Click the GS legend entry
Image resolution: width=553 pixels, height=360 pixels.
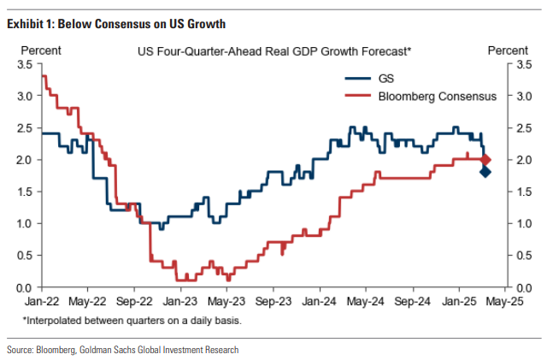pos(386,79)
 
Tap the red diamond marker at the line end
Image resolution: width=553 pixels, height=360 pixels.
pos(485,160)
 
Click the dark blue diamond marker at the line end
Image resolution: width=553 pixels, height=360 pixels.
pos(485,172)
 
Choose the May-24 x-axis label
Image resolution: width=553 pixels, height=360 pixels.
pos(366,301)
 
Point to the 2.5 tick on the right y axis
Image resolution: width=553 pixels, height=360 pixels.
pos(522,128)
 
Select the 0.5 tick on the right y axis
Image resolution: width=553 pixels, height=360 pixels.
pos(522,256)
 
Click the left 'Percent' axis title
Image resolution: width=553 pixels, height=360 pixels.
pos(38,51)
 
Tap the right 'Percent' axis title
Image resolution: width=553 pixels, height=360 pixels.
pos(508,51)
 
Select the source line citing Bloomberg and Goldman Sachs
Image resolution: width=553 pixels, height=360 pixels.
pos(122,350)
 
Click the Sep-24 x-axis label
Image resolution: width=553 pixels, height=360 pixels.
pos(412,301)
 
